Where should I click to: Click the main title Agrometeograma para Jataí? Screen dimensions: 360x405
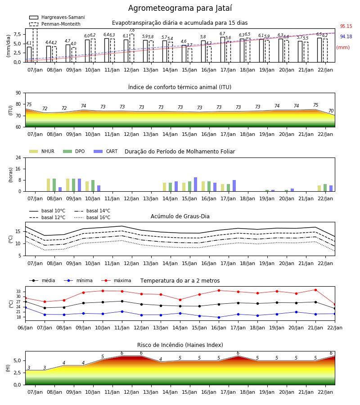click(180, 8)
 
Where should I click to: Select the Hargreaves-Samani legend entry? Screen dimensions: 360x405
click(57, 17)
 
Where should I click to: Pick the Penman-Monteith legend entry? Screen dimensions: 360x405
click(55, 24)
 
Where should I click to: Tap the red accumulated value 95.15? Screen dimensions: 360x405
click(346, 27)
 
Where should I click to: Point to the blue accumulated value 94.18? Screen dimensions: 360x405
click(346, 37)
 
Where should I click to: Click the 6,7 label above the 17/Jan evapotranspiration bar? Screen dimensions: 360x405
click(222, 34)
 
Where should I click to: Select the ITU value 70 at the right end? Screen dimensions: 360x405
click(331, 111)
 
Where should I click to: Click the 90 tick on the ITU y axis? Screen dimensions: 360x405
click(18, 93)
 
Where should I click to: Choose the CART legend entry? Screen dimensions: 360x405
click(105, 151)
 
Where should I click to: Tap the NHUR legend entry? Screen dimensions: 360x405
click(42, 151)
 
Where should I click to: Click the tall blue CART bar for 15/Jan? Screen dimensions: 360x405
click(195, 184)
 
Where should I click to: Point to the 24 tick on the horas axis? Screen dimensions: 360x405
click(18, 157)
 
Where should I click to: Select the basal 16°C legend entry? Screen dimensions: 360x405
click(92, 217)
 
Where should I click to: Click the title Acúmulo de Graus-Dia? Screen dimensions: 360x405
click(180, 216)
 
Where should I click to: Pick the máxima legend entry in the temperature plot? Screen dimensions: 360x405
click(116, 280)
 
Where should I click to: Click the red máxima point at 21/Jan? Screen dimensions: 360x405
click(315, 290)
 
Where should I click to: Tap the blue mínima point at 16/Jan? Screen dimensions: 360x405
click(219, 317)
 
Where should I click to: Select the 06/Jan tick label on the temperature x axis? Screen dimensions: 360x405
click(25, 328)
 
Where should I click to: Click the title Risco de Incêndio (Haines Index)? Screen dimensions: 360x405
click(180, 345)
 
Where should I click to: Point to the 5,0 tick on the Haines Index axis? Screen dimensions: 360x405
click(17, 360)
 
